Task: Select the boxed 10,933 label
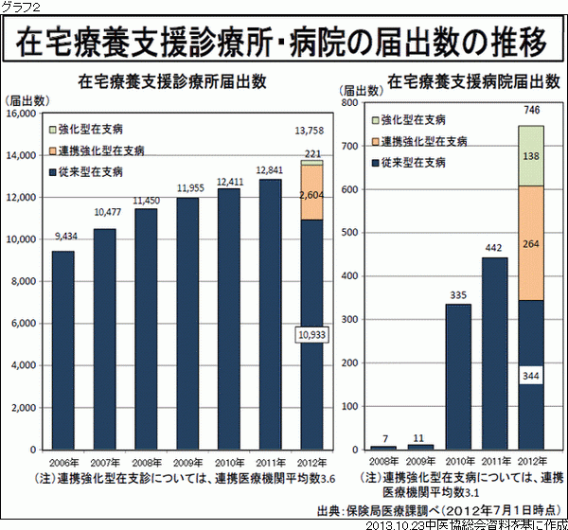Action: [x=311, y=336]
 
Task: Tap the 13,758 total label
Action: [x=311, y=130]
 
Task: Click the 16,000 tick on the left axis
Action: [x=20, y=115]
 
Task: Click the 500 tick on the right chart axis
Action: [x=348, y=233]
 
